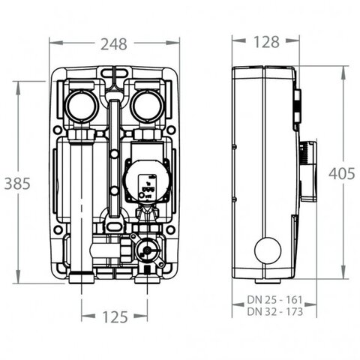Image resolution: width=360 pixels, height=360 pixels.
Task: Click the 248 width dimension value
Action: pyautogui.click(x=114, y=44)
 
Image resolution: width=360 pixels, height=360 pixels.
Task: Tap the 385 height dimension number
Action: pyautogui.click(x=17, y=183)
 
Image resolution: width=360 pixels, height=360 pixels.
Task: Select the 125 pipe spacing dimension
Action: pyautogui.click(x=115, y=316)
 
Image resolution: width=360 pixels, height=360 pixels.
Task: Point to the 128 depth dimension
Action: pyautogui.click(x=266, y=42)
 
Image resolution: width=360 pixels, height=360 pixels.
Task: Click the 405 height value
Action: pyautogui.click(x=342, y=173)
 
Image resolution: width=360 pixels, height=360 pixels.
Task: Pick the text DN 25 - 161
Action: pyautogui.click(x=274, y=299)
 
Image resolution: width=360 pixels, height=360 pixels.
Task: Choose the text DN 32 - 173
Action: pyautogui.click(x=274, y=311)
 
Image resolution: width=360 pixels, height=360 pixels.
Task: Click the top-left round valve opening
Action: pyautogui.click(x=81, y=106)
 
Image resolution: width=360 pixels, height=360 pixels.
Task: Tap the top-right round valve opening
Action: pyautogui.click(x=148, y=106)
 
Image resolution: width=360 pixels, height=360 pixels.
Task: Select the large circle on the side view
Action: pyautogui.click(x=268, y=250)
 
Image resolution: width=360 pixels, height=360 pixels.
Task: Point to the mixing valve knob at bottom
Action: pyautogui.click(x=147, y=250)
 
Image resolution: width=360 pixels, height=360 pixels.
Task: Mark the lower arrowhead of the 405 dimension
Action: pyautogui.click(x=343, y=272)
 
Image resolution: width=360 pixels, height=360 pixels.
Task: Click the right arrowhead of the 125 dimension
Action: pyautogui.click(x=140, y=316)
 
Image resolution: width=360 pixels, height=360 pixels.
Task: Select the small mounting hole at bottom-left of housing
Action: pyautogui.click(x=58, y=229)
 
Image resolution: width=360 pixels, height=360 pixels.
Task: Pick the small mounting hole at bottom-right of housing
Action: pyautogui.click(x=170, y=229)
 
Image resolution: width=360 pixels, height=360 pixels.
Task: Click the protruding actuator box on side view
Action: pyautogui.click(x=308, y=172)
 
